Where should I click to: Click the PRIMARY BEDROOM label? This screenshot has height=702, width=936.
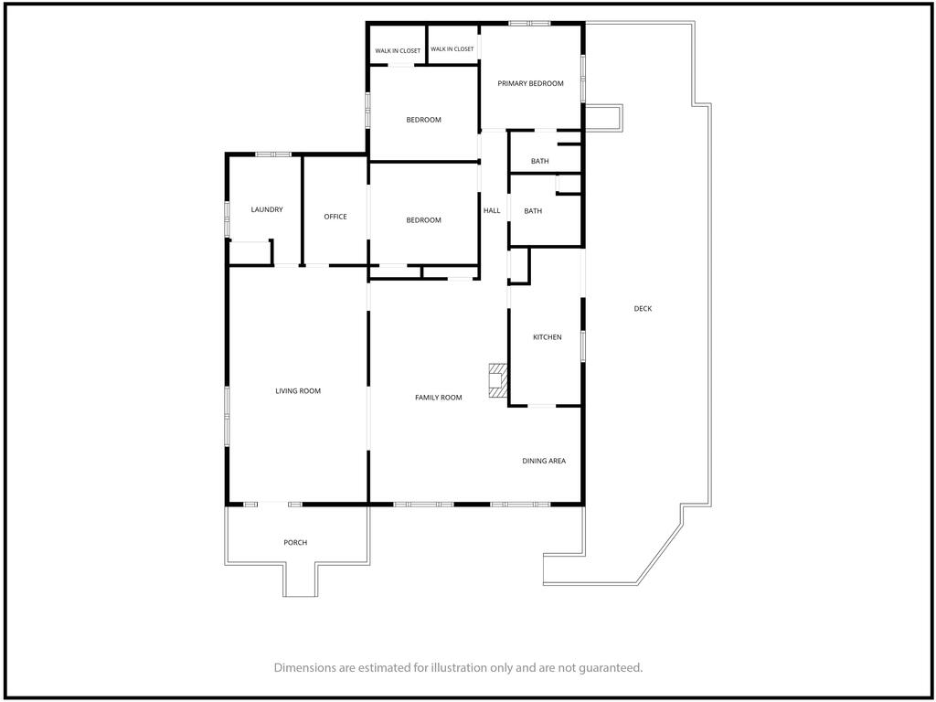[x=530, y=83]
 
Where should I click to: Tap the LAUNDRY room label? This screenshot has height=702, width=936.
[x=267, y=209]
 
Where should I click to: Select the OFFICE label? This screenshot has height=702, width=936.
[x=335, y=217]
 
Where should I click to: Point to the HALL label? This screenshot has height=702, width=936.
[x=492, y=210]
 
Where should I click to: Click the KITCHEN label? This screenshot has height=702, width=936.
[x=547, y=337]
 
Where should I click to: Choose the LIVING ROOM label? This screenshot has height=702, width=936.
[x=298, y=391]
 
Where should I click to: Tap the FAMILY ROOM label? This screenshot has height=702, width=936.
[x=438, y=398]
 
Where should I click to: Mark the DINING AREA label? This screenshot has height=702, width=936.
[x=544, y=461]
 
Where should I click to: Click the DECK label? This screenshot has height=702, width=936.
[x=643, y=309]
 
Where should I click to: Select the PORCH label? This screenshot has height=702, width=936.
[x=295, y=543]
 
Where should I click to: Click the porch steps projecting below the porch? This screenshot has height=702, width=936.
[x=300, y=580]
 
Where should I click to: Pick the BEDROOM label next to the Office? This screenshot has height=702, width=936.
[x=424, y=220]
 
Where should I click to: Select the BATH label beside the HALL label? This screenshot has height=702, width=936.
[x=533, y=211]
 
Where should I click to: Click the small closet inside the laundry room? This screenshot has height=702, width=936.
[x=250, y=253]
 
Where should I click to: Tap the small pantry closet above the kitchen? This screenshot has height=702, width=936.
[x=518, y=265]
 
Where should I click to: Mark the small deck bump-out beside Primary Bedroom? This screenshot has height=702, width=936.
[x=603, y=118]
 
